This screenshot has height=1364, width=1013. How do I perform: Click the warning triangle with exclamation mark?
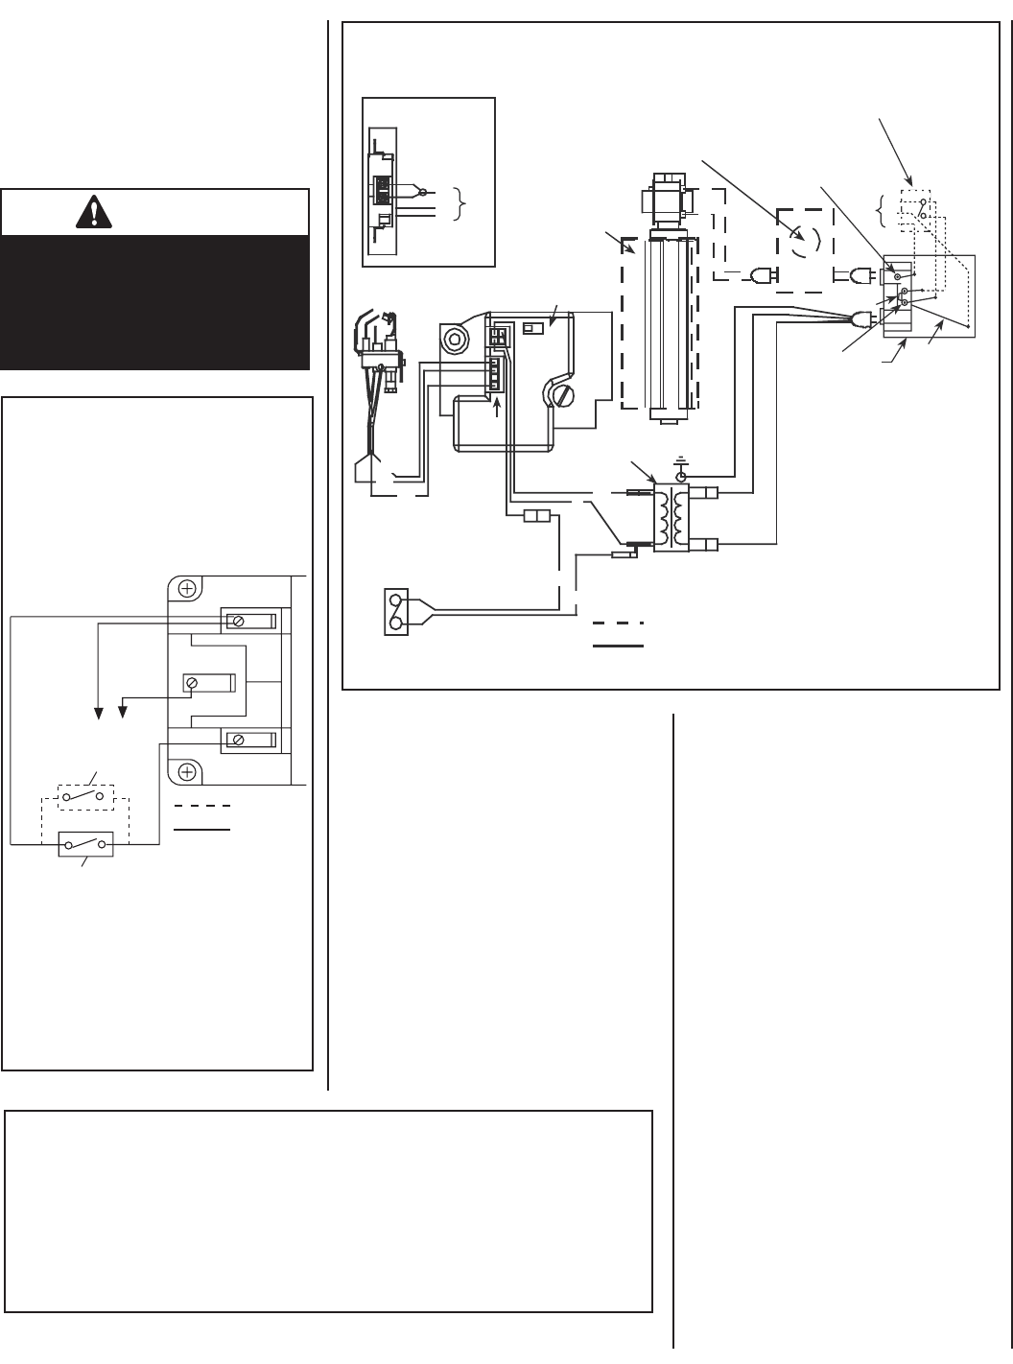95,212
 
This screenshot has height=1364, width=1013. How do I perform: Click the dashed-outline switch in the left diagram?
86,797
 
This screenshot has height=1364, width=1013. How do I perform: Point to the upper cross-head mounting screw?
187,589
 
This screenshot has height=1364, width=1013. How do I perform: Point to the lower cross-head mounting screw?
187,771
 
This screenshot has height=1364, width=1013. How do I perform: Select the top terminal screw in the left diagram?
237,622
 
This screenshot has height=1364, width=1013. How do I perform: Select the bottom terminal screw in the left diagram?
237,740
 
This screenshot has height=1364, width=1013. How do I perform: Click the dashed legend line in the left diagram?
201,805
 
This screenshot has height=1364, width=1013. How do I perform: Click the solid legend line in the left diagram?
201,828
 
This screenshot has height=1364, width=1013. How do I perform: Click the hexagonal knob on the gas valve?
454,339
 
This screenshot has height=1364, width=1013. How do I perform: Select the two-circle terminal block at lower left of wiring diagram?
395,611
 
